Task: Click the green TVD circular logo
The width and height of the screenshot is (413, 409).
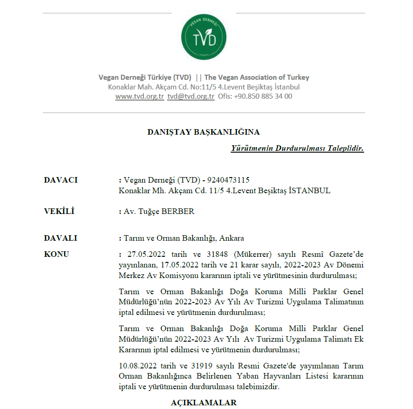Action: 204,37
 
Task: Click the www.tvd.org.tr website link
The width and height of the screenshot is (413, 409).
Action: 139,96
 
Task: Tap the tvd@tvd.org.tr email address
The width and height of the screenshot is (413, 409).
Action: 191,96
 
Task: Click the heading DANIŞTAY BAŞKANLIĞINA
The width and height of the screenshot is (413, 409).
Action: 203,132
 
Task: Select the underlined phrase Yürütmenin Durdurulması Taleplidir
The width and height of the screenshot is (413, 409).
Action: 297,148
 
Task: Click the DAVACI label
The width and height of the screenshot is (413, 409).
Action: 60,180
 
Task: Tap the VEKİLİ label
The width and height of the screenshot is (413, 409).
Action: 59,212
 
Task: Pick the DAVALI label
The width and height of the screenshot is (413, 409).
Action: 60,238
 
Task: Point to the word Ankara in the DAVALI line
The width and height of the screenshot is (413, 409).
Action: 232,238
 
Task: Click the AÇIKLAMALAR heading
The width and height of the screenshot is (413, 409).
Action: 204,403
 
